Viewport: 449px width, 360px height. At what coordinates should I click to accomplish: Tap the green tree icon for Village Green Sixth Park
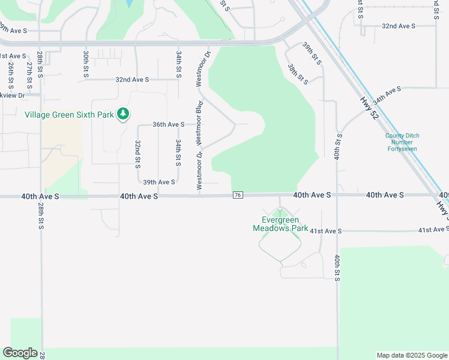[123, 113]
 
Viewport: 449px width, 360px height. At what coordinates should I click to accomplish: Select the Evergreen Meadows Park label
[280, 224]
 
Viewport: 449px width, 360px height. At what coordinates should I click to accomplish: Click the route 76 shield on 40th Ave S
[238, 195]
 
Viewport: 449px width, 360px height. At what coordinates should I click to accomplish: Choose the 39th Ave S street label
[158, 182]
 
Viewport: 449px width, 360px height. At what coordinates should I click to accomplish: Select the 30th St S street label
[86, 64]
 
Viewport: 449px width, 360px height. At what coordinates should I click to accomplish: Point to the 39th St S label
[312, 55]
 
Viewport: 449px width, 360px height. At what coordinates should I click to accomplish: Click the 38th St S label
[297, 74]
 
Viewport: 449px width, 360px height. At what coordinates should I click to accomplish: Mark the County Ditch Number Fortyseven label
[402, 142]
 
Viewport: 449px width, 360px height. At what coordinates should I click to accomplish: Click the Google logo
[20, 353]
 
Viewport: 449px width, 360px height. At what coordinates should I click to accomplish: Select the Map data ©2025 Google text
[412, 355]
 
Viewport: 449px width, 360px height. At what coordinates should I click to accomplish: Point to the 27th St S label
[29, 71]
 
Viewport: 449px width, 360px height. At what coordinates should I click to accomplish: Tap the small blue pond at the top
[129, 4]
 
